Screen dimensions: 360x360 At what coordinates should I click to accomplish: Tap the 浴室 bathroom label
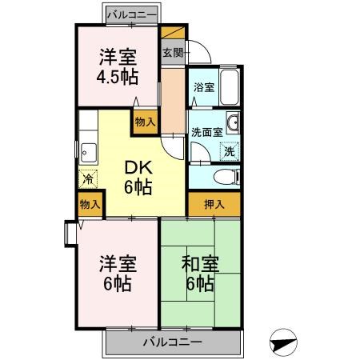tap(202, 87)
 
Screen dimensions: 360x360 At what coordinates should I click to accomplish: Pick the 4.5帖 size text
tap(118, 78)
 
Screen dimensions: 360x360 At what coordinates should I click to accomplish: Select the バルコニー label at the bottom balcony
tap(173, 342)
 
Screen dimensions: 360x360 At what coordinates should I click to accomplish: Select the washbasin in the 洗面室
tap(233, 123)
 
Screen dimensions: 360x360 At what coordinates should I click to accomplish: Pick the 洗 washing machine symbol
tap(229, 150)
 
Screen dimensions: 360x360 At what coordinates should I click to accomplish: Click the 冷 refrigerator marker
tap(87, 181)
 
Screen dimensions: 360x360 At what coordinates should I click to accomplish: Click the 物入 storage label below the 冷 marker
tap(90, 206)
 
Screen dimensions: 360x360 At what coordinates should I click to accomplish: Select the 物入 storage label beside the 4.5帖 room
tap(145, 122)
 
